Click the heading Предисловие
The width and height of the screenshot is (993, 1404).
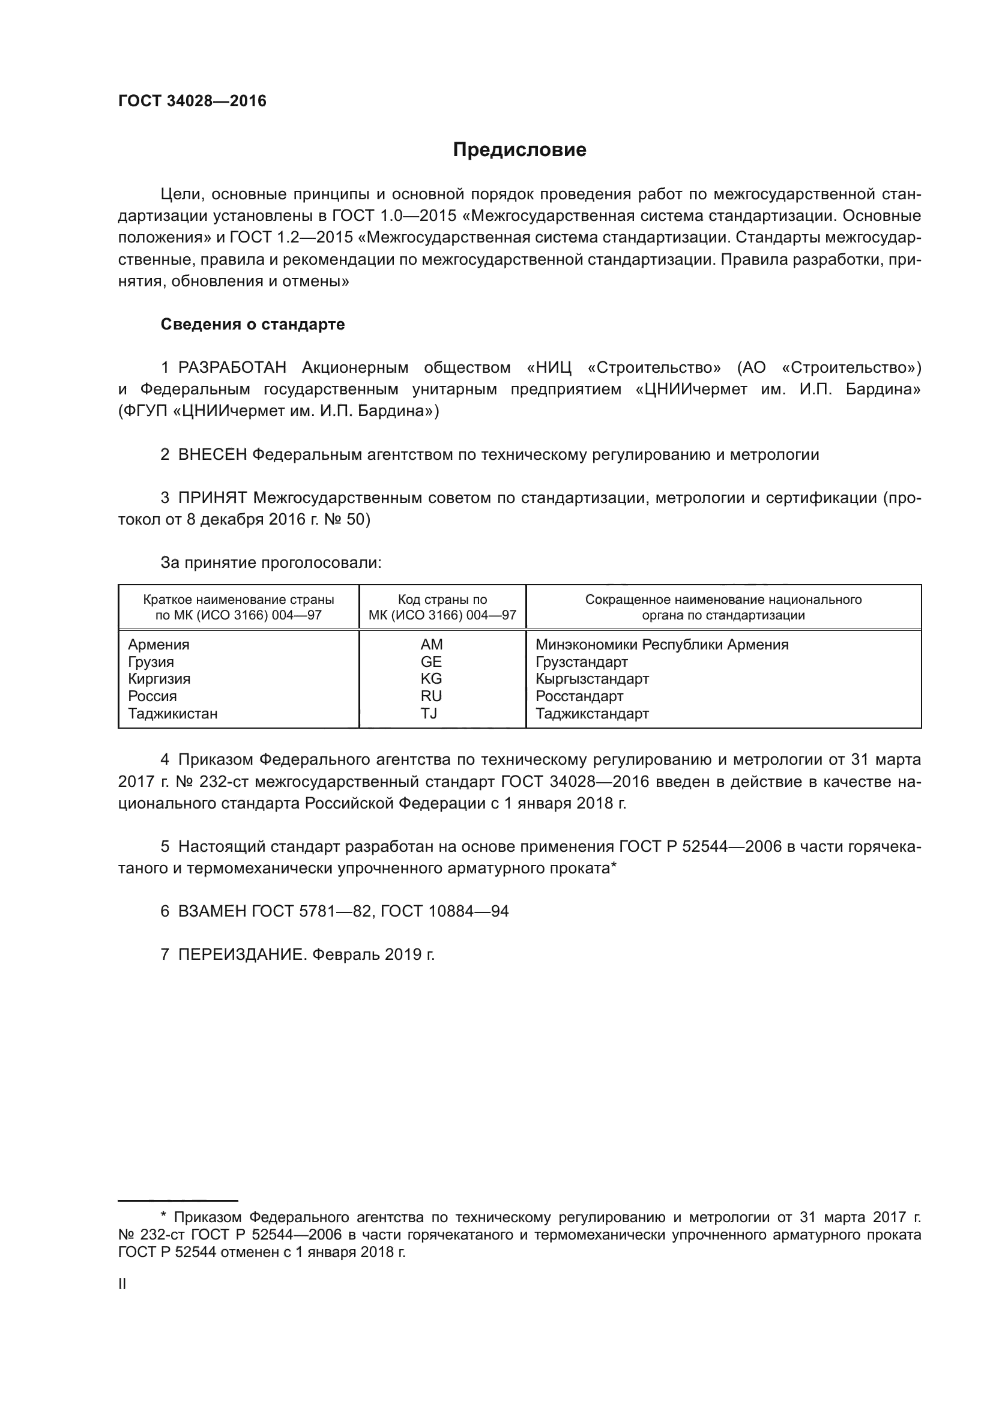point(519,150)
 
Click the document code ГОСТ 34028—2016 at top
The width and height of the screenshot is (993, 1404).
point(192,101)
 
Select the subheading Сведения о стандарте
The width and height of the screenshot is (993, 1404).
point(253,324)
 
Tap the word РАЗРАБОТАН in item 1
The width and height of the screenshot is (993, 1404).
point(232,367)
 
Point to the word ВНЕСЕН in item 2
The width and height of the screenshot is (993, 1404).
point(213,454)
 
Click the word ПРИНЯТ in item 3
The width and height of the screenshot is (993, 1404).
point(212,498)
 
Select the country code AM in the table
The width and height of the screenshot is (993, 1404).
point(432,645)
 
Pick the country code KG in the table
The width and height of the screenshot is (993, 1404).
point(431,679)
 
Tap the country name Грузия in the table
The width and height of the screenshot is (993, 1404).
point(151,661)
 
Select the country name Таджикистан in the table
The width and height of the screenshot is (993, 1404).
point(172,714)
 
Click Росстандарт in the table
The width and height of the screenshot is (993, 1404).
point(579,696)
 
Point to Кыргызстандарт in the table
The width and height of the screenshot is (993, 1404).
point(592,679)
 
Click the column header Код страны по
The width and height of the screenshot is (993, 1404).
point(442,600)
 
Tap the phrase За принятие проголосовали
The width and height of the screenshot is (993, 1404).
point(271,562)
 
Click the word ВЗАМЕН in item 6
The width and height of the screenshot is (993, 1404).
point(213,911)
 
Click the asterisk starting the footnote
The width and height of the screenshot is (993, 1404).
point(163,1217)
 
